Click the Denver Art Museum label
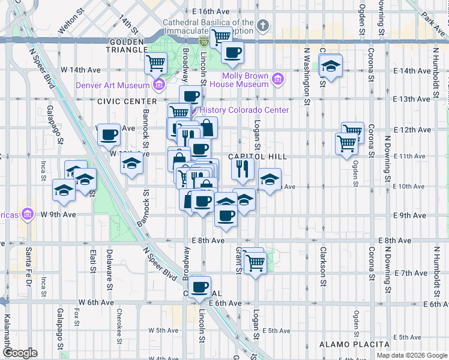(112, 85)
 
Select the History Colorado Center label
(244, 110)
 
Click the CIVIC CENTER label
(118, 101)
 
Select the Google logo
(20, 353)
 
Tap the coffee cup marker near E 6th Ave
(200, 287)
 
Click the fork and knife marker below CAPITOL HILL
(243, 169)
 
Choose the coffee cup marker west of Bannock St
(109, 136)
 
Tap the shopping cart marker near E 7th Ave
(256, 262)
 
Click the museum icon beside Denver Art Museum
(159, 85)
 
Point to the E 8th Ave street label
(208, 241)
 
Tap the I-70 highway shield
(205, 41)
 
